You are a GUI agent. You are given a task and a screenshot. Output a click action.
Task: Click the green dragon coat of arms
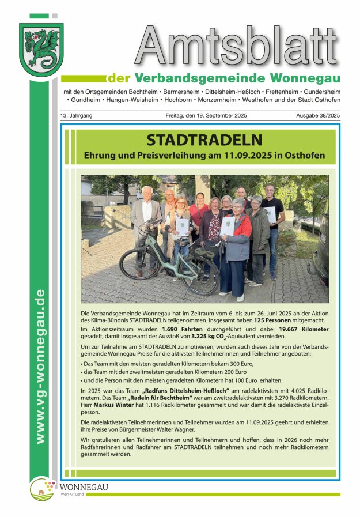[41, 49]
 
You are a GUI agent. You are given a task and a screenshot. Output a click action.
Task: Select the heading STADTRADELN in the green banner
[204, 140]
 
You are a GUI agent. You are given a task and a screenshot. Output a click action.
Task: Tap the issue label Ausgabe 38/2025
[318, 116]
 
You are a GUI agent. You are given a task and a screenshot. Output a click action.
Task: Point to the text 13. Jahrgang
[76, 116]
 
